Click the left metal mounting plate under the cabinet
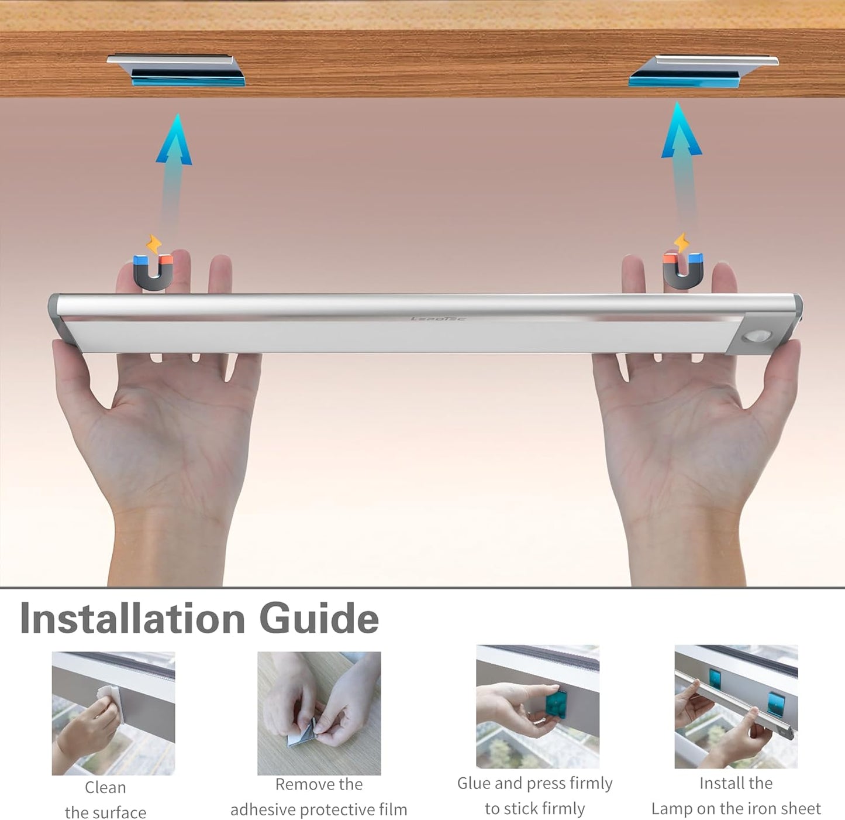176,70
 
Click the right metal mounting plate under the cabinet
703,71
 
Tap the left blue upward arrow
174,174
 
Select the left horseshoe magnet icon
153,273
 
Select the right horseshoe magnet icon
683,271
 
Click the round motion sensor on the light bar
756,337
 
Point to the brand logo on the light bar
438,318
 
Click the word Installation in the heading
132,619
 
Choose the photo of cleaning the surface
113,713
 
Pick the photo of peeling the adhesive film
319,713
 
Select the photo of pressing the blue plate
537,707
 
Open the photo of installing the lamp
736,707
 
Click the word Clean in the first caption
105,787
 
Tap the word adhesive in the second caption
264,809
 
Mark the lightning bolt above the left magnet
154,244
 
